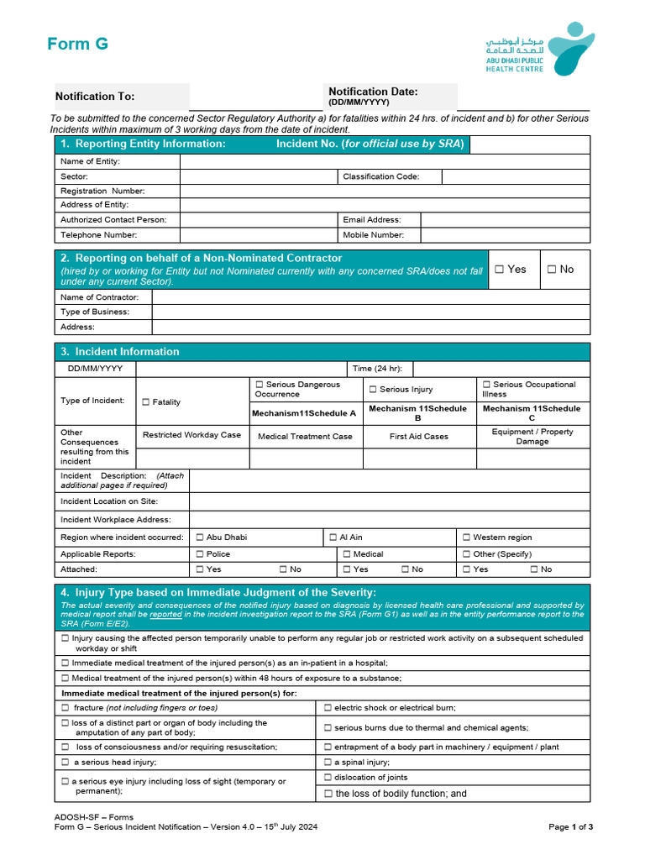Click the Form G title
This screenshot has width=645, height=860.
(x=77, y=45)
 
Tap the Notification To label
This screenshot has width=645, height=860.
(x=95, y=97)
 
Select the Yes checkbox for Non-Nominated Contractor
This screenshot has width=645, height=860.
(x=500, y=270)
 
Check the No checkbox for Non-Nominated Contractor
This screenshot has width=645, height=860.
(x=552, y=270)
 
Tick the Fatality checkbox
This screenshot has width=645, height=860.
(x=146, y=402)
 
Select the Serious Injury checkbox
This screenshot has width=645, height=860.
(x=373, y=390)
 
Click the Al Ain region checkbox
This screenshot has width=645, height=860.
(x=333, y=537)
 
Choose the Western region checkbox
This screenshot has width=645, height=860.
(x=466, y=537)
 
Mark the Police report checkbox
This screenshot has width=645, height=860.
(x=200, y=554)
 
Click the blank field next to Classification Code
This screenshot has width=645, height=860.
(x=516, y=176)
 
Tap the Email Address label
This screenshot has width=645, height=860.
(x=372, y=220)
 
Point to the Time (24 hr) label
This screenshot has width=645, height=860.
(x=377, y=369)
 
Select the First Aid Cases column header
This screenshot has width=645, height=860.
(x=419, y=437)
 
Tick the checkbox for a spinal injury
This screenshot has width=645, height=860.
(x=328, y=763)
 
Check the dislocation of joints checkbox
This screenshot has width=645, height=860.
(x=328, y=778)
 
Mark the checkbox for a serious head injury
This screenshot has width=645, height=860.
(x=66, y=763)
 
